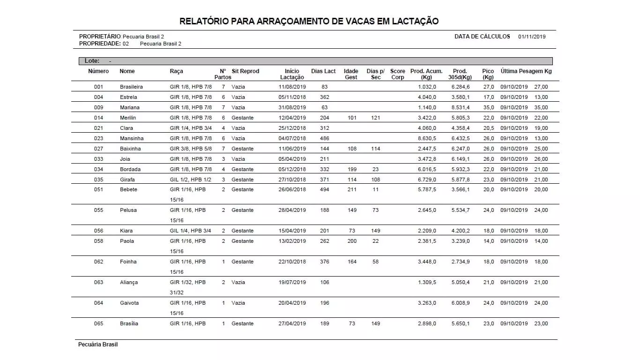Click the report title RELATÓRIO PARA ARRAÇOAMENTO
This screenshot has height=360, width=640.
(309, 22)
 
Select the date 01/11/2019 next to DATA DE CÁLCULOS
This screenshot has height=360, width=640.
(532, 37)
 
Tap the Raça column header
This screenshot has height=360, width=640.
(176, 71)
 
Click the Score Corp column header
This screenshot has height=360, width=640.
(397, 74)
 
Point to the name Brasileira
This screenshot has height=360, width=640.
(131, 87)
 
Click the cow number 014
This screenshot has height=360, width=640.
(98, 118)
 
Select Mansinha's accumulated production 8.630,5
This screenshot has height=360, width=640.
(427, 138)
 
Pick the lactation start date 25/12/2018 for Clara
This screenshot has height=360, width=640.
(292, 128)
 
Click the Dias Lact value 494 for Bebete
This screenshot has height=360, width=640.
(324, 189)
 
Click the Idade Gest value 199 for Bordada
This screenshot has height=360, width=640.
(351, 169)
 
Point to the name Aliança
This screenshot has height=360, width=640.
(129, 282)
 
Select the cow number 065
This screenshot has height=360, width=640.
(98, 323)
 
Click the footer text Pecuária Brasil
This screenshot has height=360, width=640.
(98, 345)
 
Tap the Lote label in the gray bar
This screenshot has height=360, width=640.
(92, 61)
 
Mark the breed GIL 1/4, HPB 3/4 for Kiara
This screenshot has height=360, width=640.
(190, 231)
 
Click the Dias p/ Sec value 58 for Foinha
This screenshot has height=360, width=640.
(375, 262)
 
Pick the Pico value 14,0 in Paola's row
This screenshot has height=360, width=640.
(488, 241)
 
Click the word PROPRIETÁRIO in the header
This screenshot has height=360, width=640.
(100, 37)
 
